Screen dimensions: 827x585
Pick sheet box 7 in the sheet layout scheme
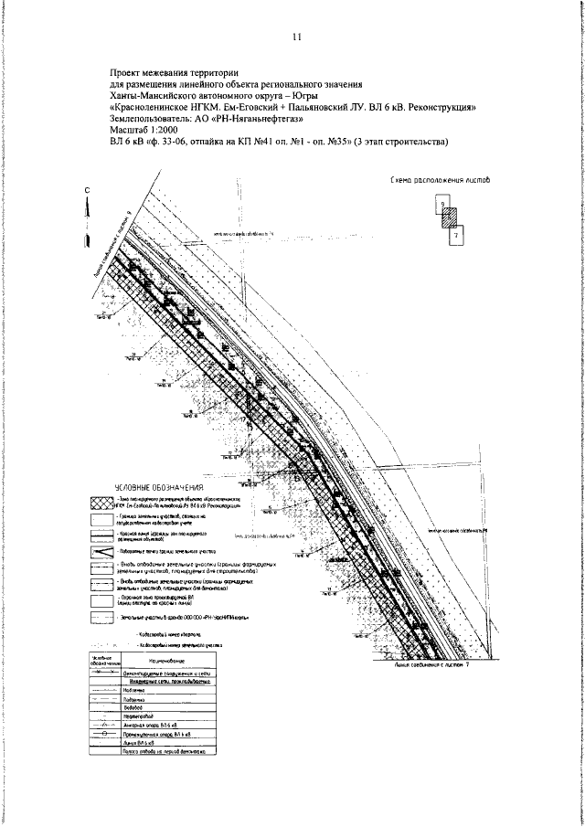coord(457,235)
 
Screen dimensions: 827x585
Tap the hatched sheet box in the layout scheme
coord(449,219)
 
